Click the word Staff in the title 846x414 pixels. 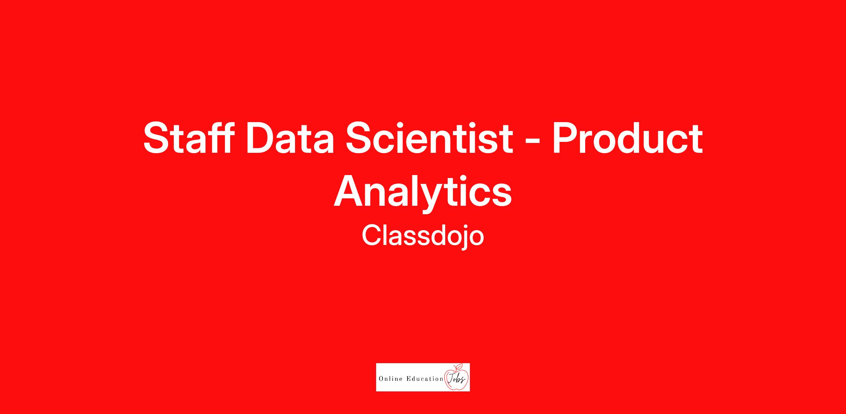(x=189, y=138)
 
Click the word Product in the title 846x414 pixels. (x=627, y=138)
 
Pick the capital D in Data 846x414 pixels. (x=261, y=138)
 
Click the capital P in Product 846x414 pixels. (x=566, y=138)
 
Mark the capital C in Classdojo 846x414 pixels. (x=372, y=235)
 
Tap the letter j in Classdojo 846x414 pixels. (x=465, y=238)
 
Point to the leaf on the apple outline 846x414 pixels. (x=459, y=366)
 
